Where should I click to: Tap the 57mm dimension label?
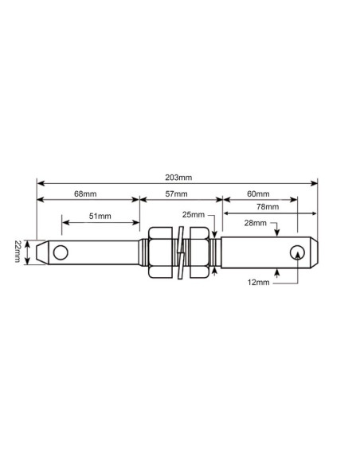coord(177,193)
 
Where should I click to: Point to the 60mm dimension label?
coord(259,193)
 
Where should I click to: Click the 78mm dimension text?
coord(268,207)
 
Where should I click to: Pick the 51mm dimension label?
coord(100,216)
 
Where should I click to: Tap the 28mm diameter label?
coord(256,224)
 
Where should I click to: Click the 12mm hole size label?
coord(256,282)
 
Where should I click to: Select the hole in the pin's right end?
coord(296,253)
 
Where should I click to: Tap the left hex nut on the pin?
coord(159,253)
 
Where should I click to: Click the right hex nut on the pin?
coord(200,253)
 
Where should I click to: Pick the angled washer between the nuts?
coord(181,253)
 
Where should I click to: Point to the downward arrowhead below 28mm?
coord(276,233)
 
